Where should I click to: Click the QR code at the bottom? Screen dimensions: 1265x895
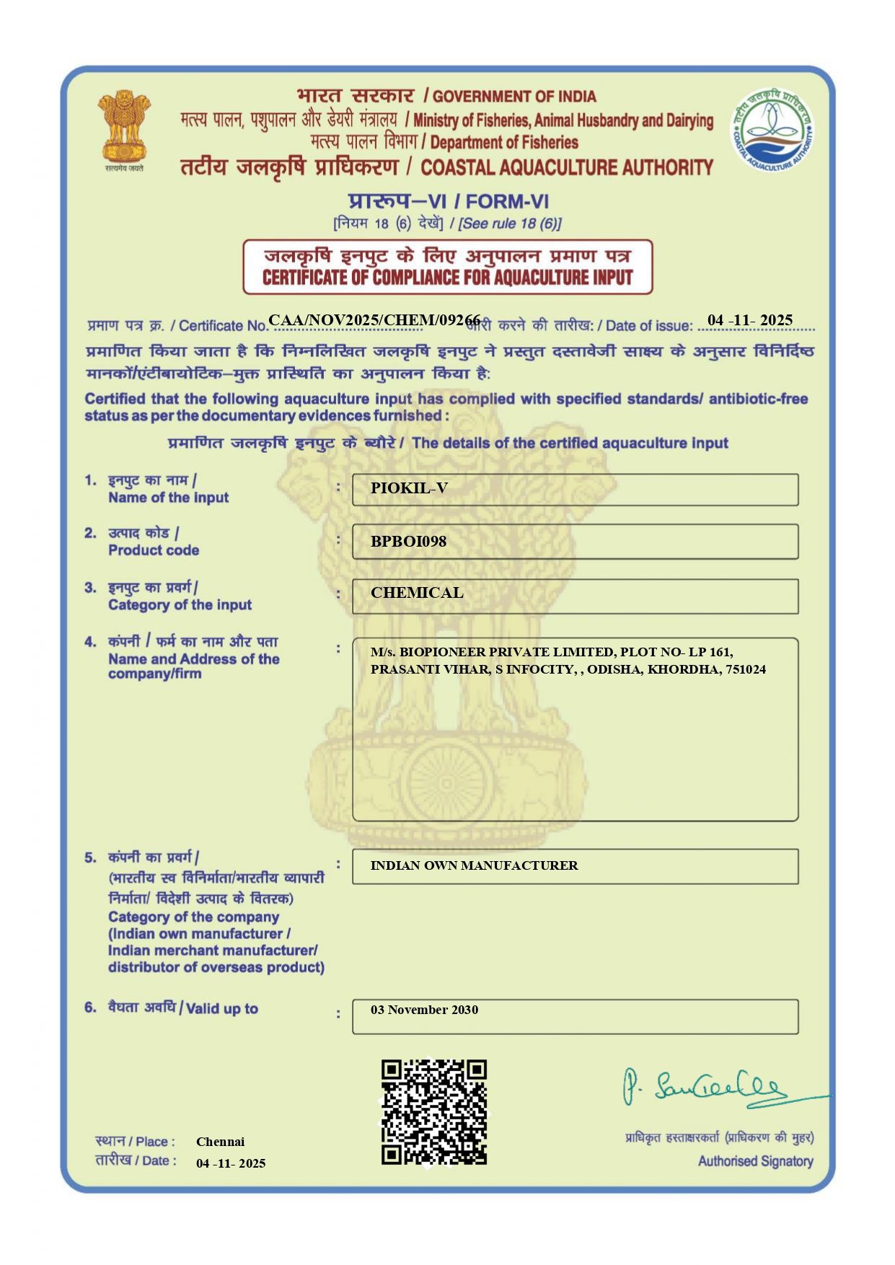click(434, 1111)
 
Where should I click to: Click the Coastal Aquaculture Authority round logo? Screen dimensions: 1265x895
click(772, 131)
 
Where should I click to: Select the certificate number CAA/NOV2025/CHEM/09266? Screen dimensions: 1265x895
click(374, 320)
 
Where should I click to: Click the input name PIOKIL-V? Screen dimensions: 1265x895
click(409, 488)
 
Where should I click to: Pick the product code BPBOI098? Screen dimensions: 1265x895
click(408, 542)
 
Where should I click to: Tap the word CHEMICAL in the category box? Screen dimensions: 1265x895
click(417, 593)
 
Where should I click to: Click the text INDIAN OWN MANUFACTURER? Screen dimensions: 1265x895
click(474, 865)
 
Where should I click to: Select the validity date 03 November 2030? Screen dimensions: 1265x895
click(424, 1010)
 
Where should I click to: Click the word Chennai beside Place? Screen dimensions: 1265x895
click(220, 1142)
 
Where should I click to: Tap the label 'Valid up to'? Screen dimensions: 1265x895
click(222, 1008)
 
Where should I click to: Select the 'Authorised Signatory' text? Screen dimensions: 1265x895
click(755, 1161)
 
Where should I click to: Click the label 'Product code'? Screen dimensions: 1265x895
click(154, 550)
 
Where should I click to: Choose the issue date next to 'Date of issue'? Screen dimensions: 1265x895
click(750, 320)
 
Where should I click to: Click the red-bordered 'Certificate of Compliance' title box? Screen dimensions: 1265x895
click(447, 267)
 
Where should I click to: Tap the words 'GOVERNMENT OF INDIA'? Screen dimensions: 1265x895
click(514, 97)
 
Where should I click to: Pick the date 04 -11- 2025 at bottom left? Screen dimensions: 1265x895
click(231, 1163)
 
